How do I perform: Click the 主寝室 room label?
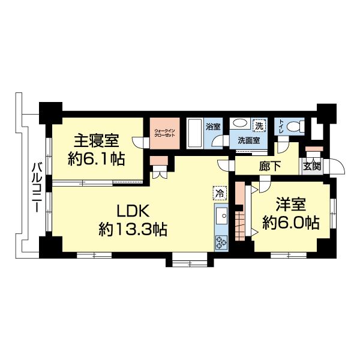point(96,142)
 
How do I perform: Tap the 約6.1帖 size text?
point(96,160)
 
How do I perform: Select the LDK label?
point(133,211)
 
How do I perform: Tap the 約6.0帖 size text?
point(290,223)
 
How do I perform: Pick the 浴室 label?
point(213,127)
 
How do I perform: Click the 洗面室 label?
point(248,141)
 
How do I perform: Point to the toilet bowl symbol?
point(293,127)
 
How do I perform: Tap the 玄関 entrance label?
point(312,167)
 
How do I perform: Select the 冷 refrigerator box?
point(220,193)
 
